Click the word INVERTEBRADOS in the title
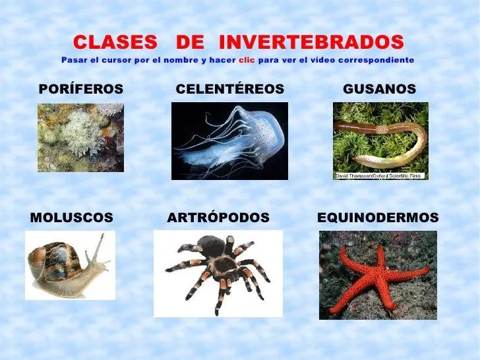(311, 43)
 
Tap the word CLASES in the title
(115, 43)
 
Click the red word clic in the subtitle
(246, 60)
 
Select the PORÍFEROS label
(81, 89)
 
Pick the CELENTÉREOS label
(230, 89)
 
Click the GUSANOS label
(379, 89)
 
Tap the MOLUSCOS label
(72, 218)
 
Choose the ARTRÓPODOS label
(218, 218)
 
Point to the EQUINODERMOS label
(378, 218)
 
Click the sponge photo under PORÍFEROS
(80, 137)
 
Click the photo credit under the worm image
(378, 176)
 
